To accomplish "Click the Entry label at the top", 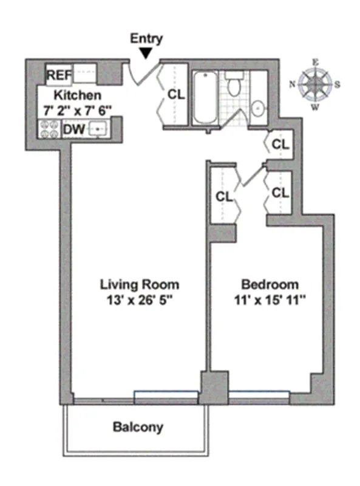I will pyautogui.click(x=147, y=39).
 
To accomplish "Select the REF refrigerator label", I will pyautogui.click(x=59, y=76).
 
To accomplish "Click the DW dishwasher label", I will pyautogui.click(x=73, y=129).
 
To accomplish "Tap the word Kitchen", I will pyautogui.click(x=78, y=95).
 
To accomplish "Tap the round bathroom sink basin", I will pyautogui.click(x=258, y=109).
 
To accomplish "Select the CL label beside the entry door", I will pyautogui.click(x=176, y=95).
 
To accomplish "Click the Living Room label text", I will pyautogui.click(x=140, y=284).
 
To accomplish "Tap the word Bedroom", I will pyautogui.click(x=270, y=284).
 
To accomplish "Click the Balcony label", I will pyautogui.click(x=138, y=427).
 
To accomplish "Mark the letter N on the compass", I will pyautogui.click(x=293, y=85).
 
